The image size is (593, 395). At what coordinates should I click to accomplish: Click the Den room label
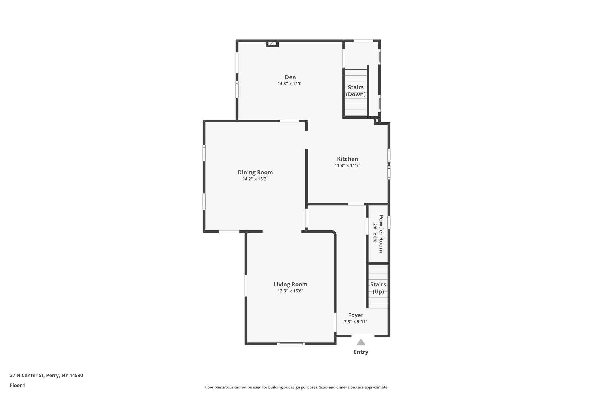[290, 77]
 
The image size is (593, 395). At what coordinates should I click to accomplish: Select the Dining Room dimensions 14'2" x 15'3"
[255, 179]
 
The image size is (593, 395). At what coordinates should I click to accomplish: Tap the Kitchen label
[347, 159]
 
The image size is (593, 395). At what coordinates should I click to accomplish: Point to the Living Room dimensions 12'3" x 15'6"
[290, 291]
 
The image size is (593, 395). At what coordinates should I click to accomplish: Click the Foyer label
[356, 315]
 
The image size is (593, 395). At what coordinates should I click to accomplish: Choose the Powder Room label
[381, 234]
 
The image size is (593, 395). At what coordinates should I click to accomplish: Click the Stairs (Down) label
[356, 91]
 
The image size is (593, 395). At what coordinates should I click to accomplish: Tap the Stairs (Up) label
[378, 288]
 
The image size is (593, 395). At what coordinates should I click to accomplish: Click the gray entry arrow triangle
[361, 342]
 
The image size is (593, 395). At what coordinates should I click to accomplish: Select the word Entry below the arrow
[361, 352]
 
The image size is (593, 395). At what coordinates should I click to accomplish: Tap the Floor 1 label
[18, 385]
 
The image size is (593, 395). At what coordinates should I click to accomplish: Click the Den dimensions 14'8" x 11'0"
[290, 84]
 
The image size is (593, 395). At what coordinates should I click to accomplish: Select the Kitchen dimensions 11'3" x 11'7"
[347, 166]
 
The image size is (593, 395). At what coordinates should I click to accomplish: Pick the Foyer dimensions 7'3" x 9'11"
[356, 322]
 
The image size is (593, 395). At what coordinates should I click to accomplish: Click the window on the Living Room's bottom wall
[291, 344]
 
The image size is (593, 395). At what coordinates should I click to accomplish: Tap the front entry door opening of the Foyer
[363, 336]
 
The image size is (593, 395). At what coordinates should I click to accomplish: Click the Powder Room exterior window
[389, 223]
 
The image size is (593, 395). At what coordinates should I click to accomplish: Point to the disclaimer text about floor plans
[296, 387]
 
